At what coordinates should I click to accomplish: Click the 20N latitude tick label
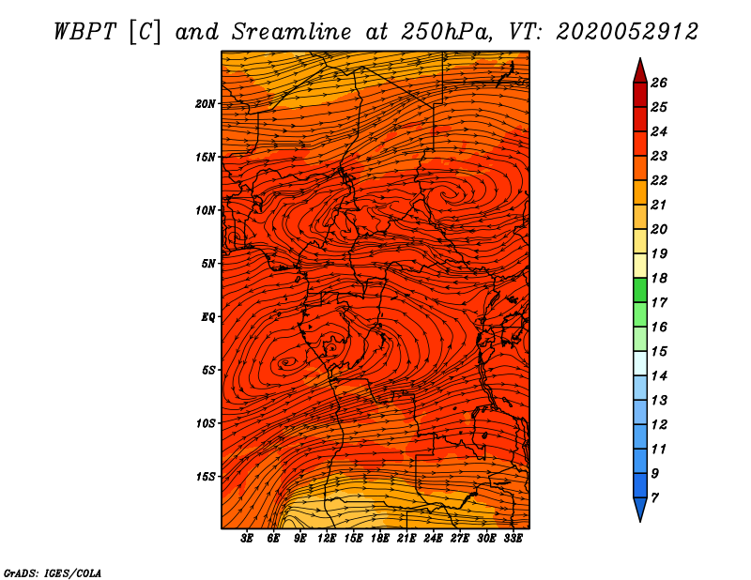(x=205, y=104)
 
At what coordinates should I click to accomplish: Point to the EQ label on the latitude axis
(x=207, y=317)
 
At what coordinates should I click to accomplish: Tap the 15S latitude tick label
(x=205, y=477)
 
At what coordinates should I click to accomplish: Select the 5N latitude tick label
(x=207, y=264)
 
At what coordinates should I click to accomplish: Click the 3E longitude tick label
(x=246, y=539)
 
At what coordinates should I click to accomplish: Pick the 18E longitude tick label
(x=380, y=539)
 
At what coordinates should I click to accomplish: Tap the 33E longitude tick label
(x=513, y=539)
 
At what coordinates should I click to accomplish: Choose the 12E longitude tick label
(x=326, y=539)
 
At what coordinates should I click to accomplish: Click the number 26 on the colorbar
(x=659, y=83)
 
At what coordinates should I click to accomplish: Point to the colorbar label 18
(x=659, y=278)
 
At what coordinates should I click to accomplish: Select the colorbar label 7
(x=654, y=498)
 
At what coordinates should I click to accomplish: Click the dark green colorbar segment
(x=640, y=290)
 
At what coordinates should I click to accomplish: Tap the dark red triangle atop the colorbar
(x=640, y=72)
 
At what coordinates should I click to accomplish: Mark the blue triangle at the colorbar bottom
(x=640, y=509)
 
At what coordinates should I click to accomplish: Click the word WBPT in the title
(x=84, y=32)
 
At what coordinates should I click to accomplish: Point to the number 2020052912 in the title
(x=627, y=32)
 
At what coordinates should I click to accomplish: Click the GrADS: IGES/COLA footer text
(x=53, y=573)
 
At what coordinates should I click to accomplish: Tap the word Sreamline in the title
(x=292, y=32)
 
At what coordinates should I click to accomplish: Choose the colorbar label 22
(x=659, y=180)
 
